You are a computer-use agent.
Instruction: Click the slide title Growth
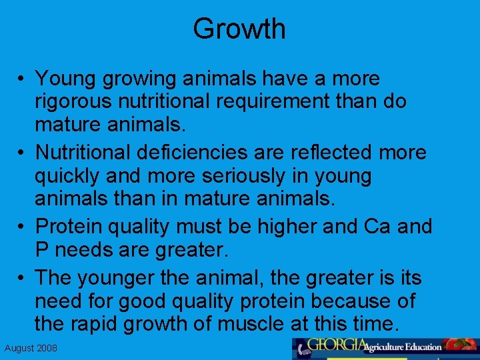tap(239, 29)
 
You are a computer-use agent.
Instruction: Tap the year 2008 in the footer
tap(47, 349)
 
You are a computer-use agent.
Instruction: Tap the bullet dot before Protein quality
tap(23, 227)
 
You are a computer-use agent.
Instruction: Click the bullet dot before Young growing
tap(23, 79)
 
